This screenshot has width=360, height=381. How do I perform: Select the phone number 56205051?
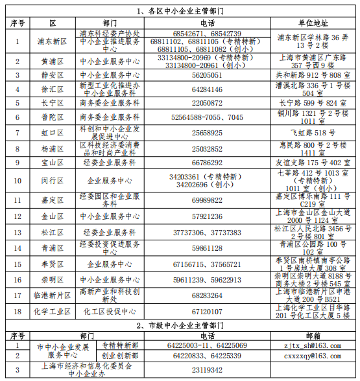point(207,75)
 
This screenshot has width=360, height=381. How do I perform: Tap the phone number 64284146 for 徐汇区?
point(207,89)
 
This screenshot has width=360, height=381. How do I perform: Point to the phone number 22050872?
point(207,102)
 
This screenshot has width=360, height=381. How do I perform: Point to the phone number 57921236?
point(207,216)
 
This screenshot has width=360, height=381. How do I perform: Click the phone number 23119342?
point(207,370)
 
